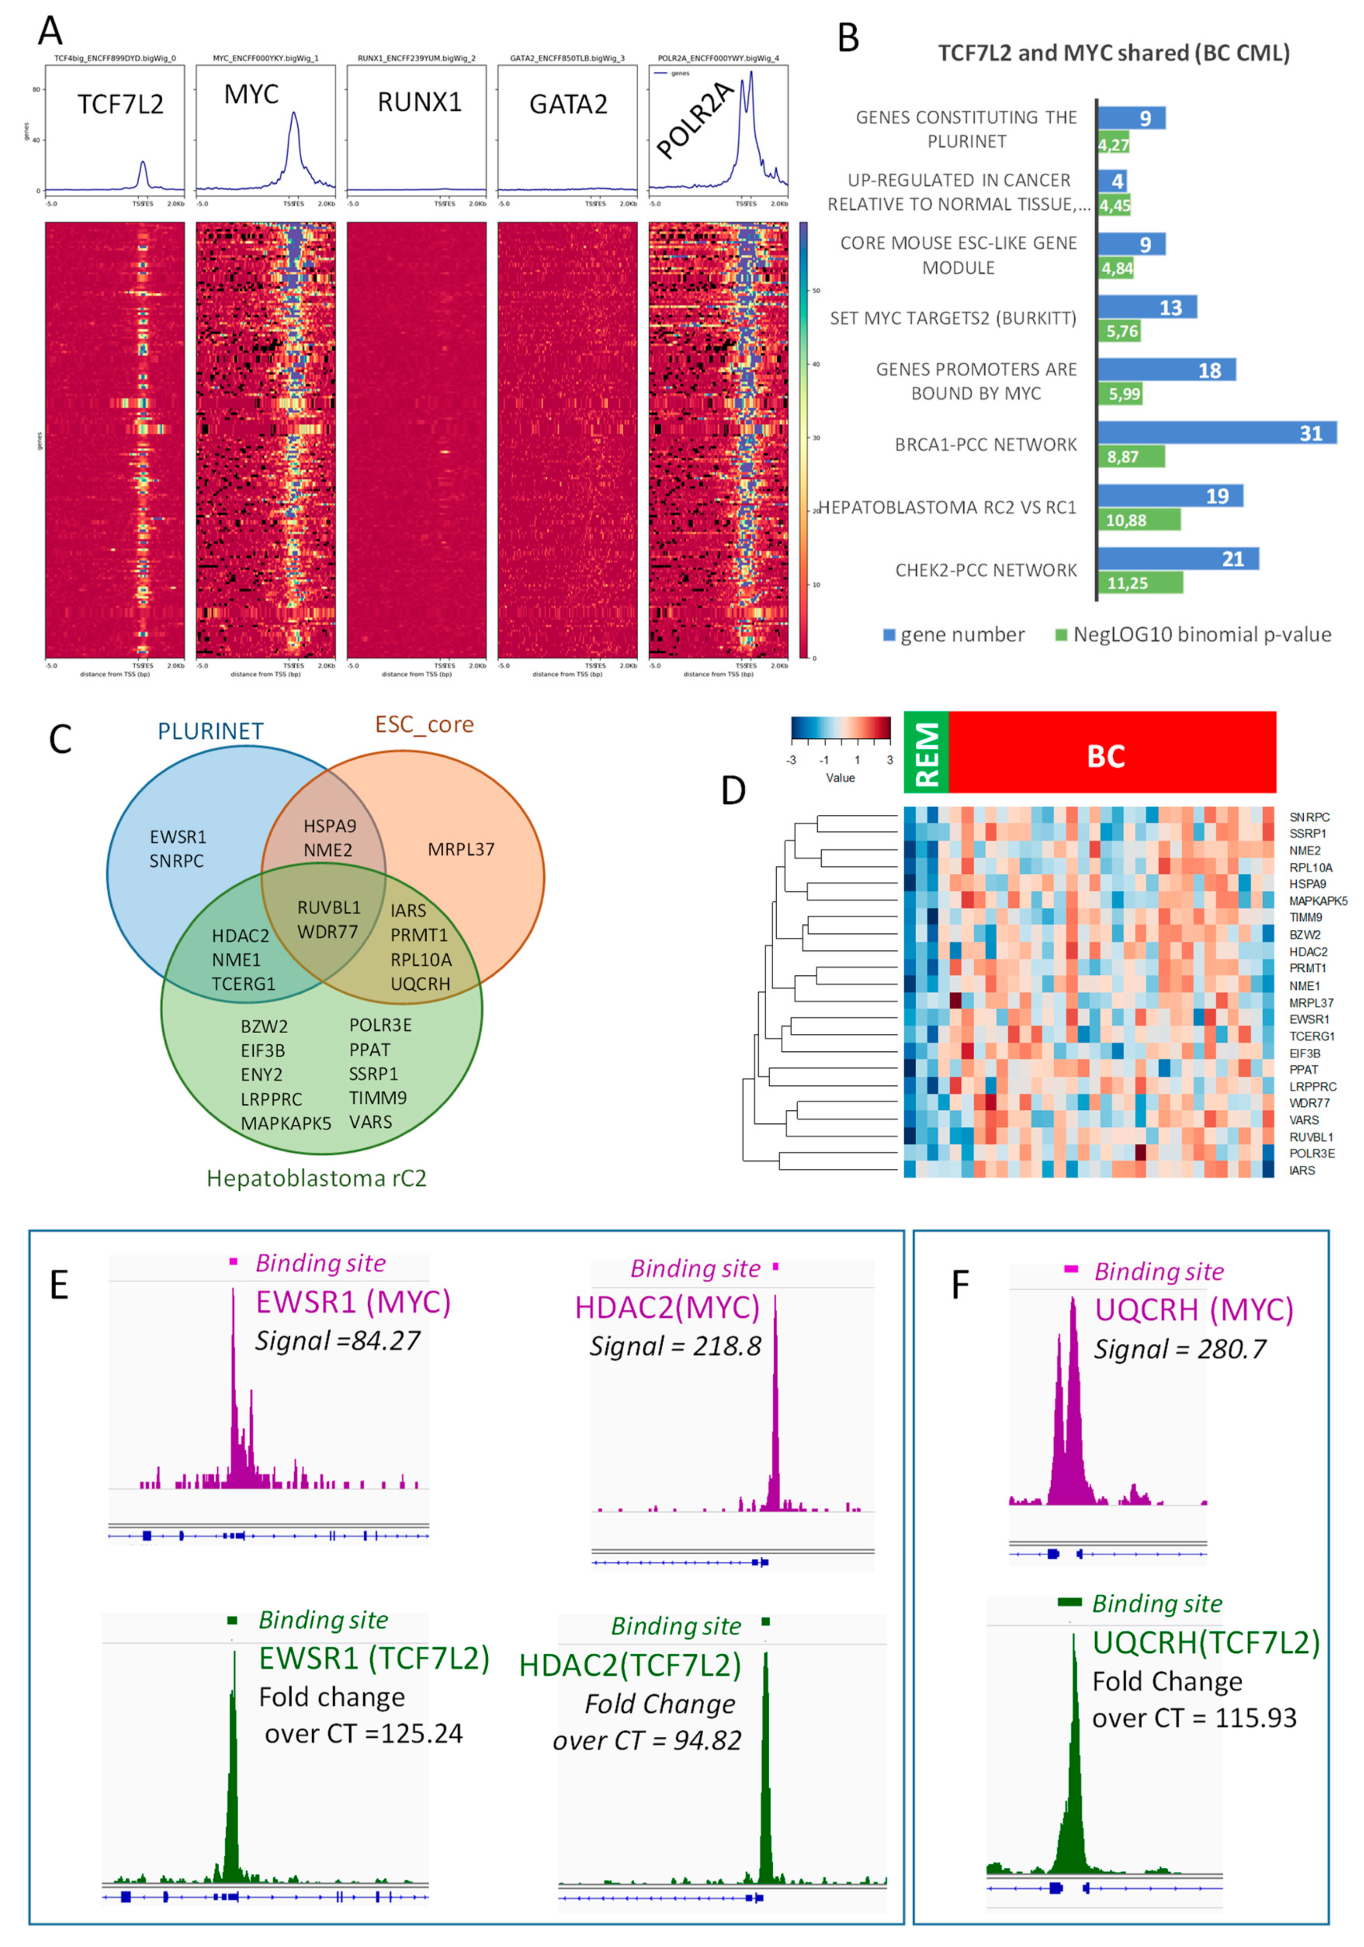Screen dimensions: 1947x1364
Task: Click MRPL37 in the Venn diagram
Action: pyautogui.click(x=461, y=849)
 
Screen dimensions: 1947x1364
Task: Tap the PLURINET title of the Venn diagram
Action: pyautogui.click(x=210, y=731)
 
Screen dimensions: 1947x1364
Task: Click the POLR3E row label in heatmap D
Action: pyautogui.click(x=1311, y=1153)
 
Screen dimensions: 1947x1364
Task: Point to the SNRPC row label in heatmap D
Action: pyautogui.click(x=1309, y=817)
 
